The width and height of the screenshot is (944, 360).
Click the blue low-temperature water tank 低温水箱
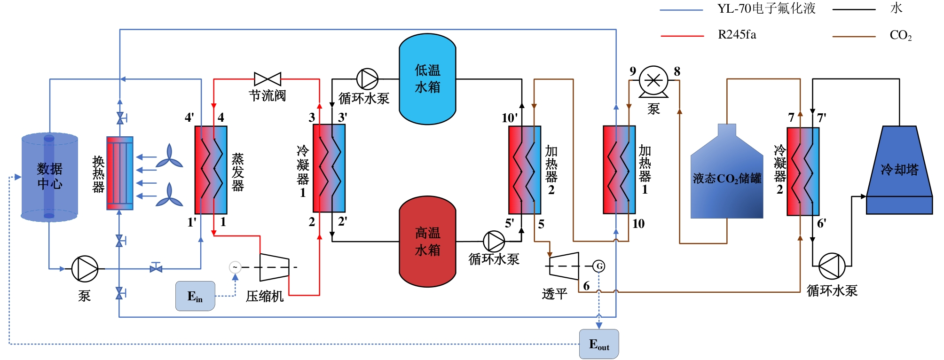(x=427, y=79)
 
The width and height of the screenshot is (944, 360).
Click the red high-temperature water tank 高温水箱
(x=427, y=242)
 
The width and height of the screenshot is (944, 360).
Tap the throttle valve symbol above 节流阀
(x=267, y=79)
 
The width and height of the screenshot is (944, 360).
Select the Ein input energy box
(x=195, y=296)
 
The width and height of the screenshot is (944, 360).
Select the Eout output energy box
(x=598, y=344)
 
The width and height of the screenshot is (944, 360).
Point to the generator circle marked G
(x=599, y=266)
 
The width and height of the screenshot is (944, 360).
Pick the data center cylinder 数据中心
(x=49, y=176)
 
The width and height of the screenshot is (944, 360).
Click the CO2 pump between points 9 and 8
(x=653, y=80)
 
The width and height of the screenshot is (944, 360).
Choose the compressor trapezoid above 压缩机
(x=274, y=267)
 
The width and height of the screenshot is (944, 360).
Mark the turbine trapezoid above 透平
(x=564, y=266)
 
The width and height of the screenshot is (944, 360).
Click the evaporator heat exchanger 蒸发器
(x=211, y=170)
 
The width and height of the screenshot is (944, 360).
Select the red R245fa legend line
(x=682, y=36)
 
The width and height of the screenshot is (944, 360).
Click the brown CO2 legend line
(x=854, y=36)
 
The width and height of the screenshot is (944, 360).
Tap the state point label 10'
(x=509, y=118)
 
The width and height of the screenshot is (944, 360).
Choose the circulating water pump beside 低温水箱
(x=367, y=79)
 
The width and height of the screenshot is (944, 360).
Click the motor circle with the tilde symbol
(x=235, y=267)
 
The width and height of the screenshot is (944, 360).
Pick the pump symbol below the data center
(x=85, y=269)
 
